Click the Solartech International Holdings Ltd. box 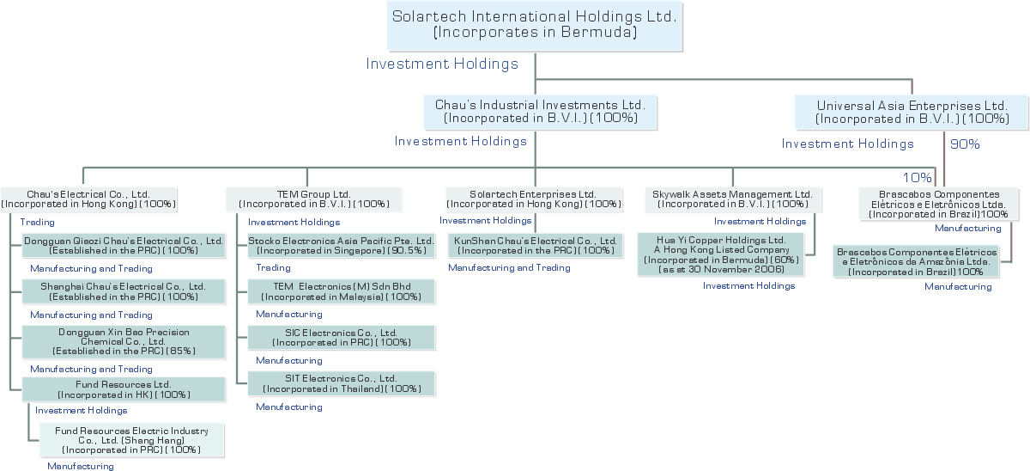pyautogui.click(x=534, y=26)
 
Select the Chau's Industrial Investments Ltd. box pyautogui.click(x=540, y=112)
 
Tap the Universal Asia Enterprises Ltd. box pyautogui.click(x=912, y=113)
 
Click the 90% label pyautogui.click(x=965, y=144)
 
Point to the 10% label pyautogui.click(x=917, y=177)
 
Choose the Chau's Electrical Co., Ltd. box pyautogui.click(x=88, y=199)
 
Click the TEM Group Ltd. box pyautogui.click(x=314, y=199)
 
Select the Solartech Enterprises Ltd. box pyautogui.click(x=534, y=199)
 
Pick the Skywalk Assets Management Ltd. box pyautogui.click(x=733, y=199)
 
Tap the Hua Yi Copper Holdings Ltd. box pyautogui.click(x=721, y=254)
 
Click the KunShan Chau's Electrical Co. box pyautogui.click(x=536, y=246)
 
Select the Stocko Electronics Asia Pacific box pyautogui.click(x=342, y=246)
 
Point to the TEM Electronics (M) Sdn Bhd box pyautogui.click(x=342, y=292)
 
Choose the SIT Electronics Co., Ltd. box pyautogui.click(x=342, y=383)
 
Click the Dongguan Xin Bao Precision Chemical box pyautogui.click(x=124, y=341)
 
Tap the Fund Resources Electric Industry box pyautogui.click(x=132, y=440)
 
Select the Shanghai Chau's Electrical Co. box pyautogui.click(x=124, y=292)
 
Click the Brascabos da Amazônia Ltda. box pyautogui.click(x=917, y=262)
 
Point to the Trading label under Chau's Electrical pyautogui.click(x=37, y=223)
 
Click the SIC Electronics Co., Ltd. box pyautogui.click(x=342, y=338)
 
